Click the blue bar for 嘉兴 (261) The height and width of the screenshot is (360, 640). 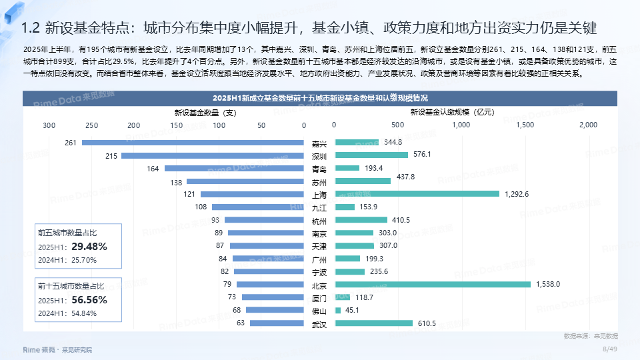pyautogui.click(x=193, y=143)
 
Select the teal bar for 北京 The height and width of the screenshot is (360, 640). pyautogui.click(x=433, y=285)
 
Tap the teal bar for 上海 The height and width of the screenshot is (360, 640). pyautogui.click(x=417, y=194)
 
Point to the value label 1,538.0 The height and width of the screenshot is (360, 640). pyautogui.click(x=548, y=285)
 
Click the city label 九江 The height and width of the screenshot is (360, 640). pyautogui.click(x=319, y=207)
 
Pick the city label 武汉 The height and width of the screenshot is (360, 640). pyautogui.click(x=319, y=323)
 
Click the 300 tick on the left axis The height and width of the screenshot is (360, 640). pyautogui.click(x=49, y=125)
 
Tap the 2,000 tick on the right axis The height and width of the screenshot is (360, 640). pyautogui.click(x=588, y=125)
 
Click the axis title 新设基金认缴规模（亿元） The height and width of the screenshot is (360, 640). pyautogui.click(x=457, y=113)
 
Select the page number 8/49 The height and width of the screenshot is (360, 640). pyautogui.click(x=610, y=349)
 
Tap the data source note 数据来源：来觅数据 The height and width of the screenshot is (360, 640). pyautogui.click(x=591, y=335)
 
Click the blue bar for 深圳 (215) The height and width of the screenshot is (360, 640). pyautogui.click(x=213, y=155)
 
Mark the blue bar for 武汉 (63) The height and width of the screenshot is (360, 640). pyautogui.click(x=277, y=323)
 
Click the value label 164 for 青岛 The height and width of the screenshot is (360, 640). pyautogui.click(x=153, y=169)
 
